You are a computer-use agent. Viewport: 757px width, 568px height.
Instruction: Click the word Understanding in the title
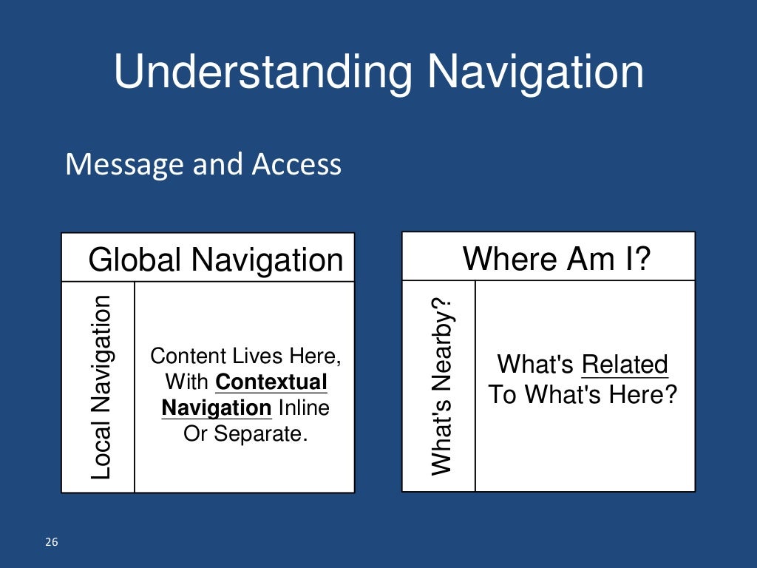tap(263, 74)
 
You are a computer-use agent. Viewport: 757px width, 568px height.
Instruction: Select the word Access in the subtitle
tap(296, 164)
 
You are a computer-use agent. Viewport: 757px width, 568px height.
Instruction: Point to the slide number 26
tap(52, 543)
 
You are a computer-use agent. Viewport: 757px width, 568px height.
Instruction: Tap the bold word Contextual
tap(271, 382)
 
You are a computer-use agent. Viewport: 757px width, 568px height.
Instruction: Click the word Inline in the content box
tap(304, 408)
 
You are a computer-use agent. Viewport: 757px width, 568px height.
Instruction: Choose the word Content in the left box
tap(188, 356)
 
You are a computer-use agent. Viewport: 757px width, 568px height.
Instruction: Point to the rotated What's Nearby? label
tap(441, 385)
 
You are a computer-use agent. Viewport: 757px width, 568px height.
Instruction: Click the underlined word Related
tap(625, 365)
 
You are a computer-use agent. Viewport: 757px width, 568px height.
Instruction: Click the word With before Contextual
tap(188, 382)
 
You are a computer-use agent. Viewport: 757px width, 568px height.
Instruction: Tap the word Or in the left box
tap(195, 433)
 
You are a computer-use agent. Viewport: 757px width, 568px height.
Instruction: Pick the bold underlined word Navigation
tap(217, 408)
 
